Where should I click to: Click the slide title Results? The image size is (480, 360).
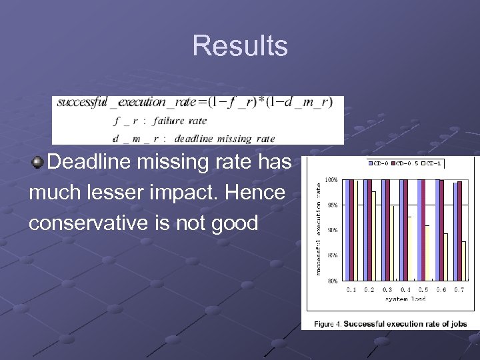click(x=240, y=46)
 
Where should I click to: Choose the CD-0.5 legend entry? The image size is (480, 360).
click(x=407, y=163)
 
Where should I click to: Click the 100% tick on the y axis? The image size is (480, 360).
click(x=331, y=179)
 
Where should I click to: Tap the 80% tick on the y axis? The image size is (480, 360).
click(x=333, y=281)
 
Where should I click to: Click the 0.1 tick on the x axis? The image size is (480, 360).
click(x=353, y=289)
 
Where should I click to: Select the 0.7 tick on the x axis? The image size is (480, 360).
click(x=459, y=289)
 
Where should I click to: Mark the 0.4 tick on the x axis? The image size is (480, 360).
click(x=405, y=289)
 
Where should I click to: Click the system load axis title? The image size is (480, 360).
click(x=405, y=299)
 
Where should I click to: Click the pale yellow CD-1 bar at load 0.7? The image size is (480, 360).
click(x=463, y=261)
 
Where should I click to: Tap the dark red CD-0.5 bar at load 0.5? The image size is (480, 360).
click(x=423, y=230)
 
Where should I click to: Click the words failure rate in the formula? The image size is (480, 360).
click(x=179, y=121)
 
